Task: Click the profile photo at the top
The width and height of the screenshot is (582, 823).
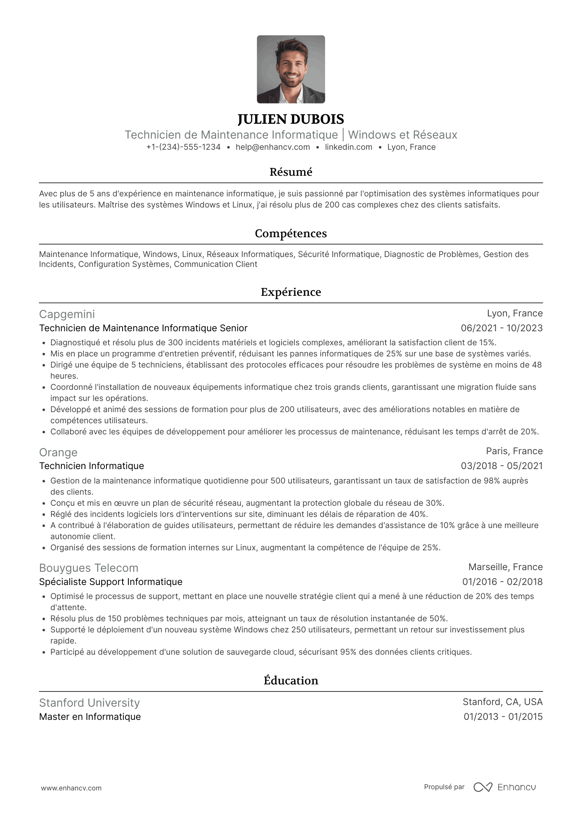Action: pyautogui.click(x=291, y=69)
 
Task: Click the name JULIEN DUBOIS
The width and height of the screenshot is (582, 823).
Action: pyautogui.click(x=291, y=119)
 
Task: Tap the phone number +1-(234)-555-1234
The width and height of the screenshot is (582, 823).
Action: pyautogui.click(x=183, y=147)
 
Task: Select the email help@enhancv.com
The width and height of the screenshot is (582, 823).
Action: pyautogui.click(x=272, y=147)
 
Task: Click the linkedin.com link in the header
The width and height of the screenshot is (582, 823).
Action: pyautogui.click(x=348, y=147)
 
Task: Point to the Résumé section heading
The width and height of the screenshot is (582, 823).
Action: pyautogui.click(x=291, y=172)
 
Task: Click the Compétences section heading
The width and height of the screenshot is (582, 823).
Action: pyautogui.click(x=291, y=233)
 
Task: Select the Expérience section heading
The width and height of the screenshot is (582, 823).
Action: pyautogui.click(x=291, y=292)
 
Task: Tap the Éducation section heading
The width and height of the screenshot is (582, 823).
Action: pyautogui.click(x=291, y=681)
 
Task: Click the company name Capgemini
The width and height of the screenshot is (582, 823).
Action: pyautogui.click(x=67, y=314)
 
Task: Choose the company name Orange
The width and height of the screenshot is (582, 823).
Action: pyautogui.click(x=58, y=453)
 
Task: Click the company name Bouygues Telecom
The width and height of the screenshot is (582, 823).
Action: pyautogui.click(x=89, y=568)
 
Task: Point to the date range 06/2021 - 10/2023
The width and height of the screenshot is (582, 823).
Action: pyautogui.click(x=502, y=328)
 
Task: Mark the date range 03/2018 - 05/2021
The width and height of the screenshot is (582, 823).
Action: pyautogui.click(x=502, y=466)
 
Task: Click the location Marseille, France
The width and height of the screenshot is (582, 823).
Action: pyautogui.click(x=505, y=567)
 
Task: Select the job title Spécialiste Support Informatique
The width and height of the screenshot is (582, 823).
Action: pyautogui.click(x=111, y=582)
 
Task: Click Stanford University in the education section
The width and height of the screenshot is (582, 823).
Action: pyautogui.click(x=89, y=703)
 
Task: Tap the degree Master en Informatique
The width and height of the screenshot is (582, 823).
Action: pyautogui.click(x=90, y=717)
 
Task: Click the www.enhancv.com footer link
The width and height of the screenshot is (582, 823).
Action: pyautogui.click(x=71, y=788)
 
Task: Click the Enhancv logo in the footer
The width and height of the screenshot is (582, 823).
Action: pyautogui.click(x=504, y=788)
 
